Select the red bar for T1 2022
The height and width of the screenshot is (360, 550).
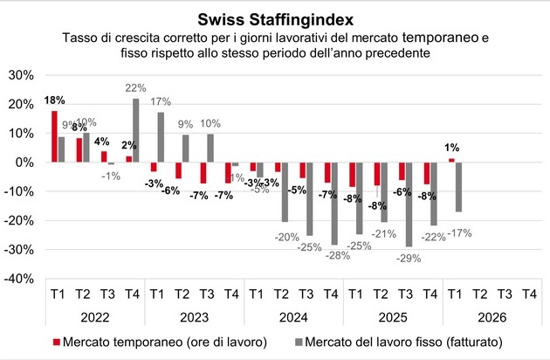pos(54,136)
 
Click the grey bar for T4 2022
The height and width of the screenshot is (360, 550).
pos(135,130)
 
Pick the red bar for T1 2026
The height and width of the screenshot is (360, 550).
pos(451,160)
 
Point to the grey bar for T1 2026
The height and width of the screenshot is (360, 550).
pos(459,187)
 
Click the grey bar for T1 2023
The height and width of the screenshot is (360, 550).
pos(161,137)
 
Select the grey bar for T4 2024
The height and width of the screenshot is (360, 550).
pos(334,203)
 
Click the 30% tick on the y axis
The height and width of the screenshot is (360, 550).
pos(21,76)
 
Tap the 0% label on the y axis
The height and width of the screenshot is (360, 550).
pos(24,163)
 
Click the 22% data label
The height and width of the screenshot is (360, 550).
pos(135,87)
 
